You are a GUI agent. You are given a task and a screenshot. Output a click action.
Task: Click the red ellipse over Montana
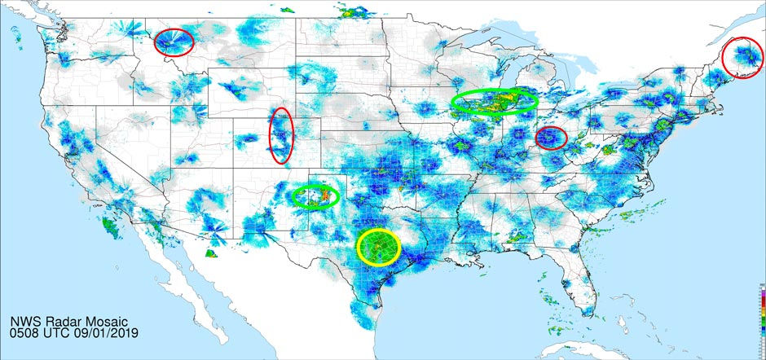[174, 42]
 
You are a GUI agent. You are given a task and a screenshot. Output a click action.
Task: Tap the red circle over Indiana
[551, 138]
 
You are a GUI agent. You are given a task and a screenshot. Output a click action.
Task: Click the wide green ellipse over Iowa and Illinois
[495, 101]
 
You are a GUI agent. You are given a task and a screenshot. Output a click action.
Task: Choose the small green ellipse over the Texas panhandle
[315, 195]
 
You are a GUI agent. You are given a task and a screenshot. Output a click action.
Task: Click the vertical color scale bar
[761, 318]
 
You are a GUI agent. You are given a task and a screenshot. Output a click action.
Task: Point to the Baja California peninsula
[183, 281]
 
